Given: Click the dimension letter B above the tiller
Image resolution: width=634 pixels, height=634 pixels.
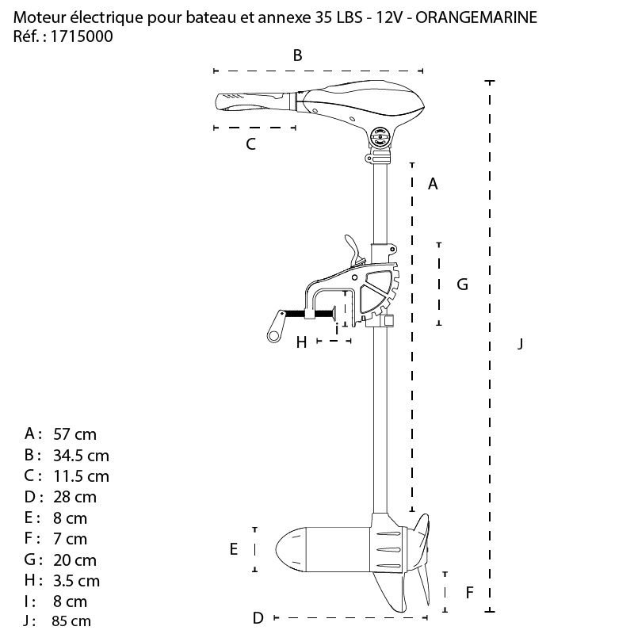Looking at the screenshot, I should click(x=298, y=55).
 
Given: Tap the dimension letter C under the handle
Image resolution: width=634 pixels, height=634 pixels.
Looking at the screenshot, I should click(x=250, y=144).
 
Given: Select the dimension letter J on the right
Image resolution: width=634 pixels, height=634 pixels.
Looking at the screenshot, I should click(x=520, y=343).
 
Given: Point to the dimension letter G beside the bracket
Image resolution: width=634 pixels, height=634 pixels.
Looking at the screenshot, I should click(x=463, y=284).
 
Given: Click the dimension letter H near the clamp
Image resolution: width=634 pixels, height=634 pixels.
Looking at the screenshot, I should click(x=301, y=342).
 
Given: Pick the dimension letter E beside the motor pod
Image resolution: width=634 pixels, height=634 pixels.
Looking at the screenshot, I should click(x=234, y=548).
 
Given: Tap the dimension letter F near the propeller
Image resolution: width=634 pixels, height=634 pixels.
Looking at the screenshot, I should click(x=469, y=591).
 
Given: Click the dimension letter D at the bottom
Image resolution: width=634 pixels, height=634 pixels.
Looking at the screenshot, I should click(x=258, y=617).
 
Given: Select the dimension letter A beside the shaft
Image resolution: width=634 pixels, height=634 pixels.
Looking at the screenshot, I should click(x=433, y=184).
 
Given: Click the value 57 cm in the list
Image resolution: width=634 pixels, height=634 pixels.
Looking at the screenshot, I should click(x=74, y=434).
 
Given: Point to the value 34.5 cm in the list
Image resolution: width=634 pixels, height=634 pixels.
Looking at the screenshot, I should click(x=81, y=456).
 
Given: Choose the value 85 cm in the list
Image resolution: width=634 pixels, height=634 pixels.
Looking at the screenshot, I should click(x=71, y=621).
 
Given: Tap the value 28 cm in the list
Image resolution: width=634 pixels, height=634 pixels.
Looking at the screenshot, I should click(x=74, y=497).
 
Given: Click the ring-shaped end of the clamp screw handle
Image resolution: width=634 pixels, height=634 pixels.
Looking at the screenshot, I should click(x=273, y=336).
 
